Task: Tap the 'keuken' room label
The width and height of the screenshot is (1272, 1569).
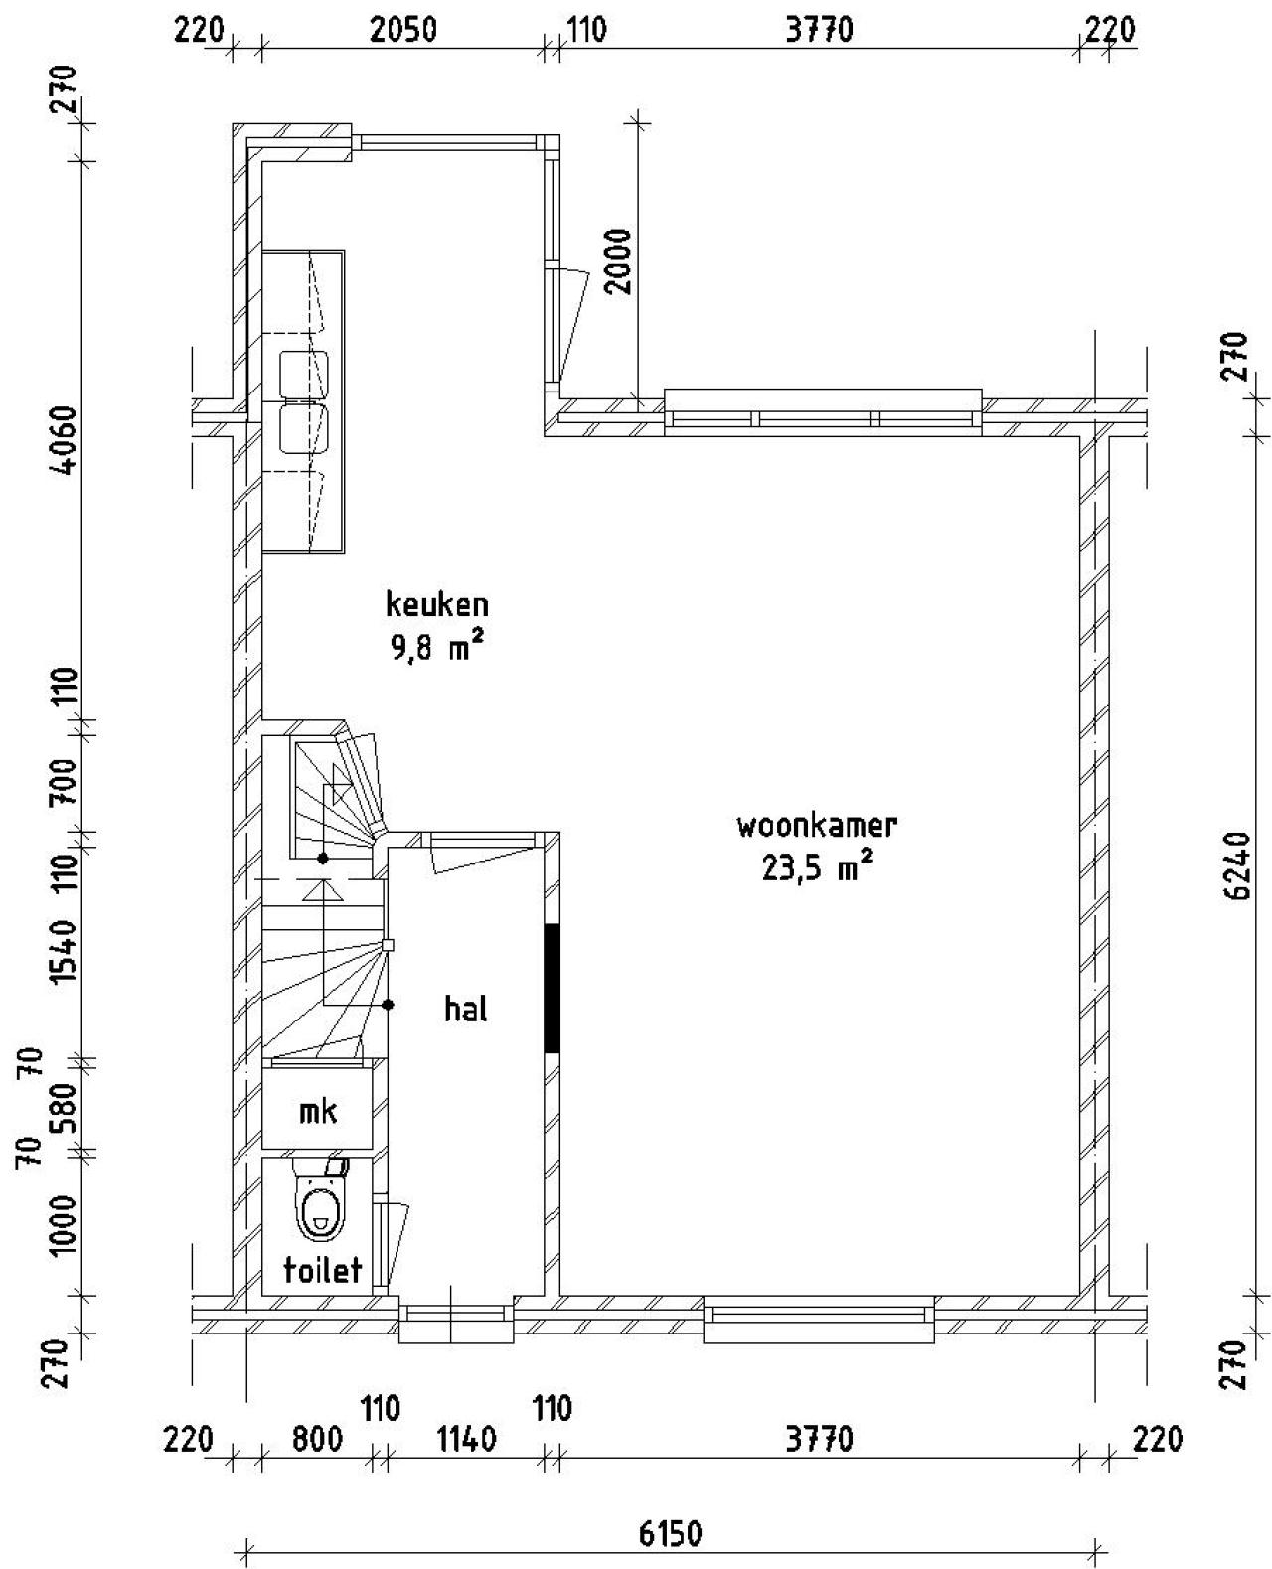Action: tap(437, 604)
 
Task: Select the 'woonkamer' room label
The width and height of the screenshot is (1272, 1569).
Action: tap(817, 825)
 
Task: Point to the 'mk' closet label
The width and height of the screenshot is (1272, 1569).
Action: tap(318, 1111)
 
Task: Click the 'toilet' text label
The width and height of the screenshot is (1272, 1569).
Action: tap(323, 1270)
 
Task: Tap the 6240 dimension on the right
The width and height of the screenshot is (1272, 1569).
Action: tap(1239, 866)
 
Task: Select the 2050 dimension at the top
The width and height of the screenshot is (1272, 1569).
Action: tap(403, 30)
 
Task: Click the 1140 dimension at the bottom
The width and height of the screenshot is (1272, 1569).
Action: tap(467, 1438)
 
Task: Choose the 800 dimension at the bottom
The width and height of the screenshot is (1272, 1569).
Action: tap(317, 1438)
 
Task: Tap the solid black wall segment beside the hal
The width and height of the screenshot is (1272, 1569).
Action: tap(552, 987)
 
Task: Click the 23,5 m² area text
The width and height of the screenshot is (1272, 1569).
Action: tap(817, 867)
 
